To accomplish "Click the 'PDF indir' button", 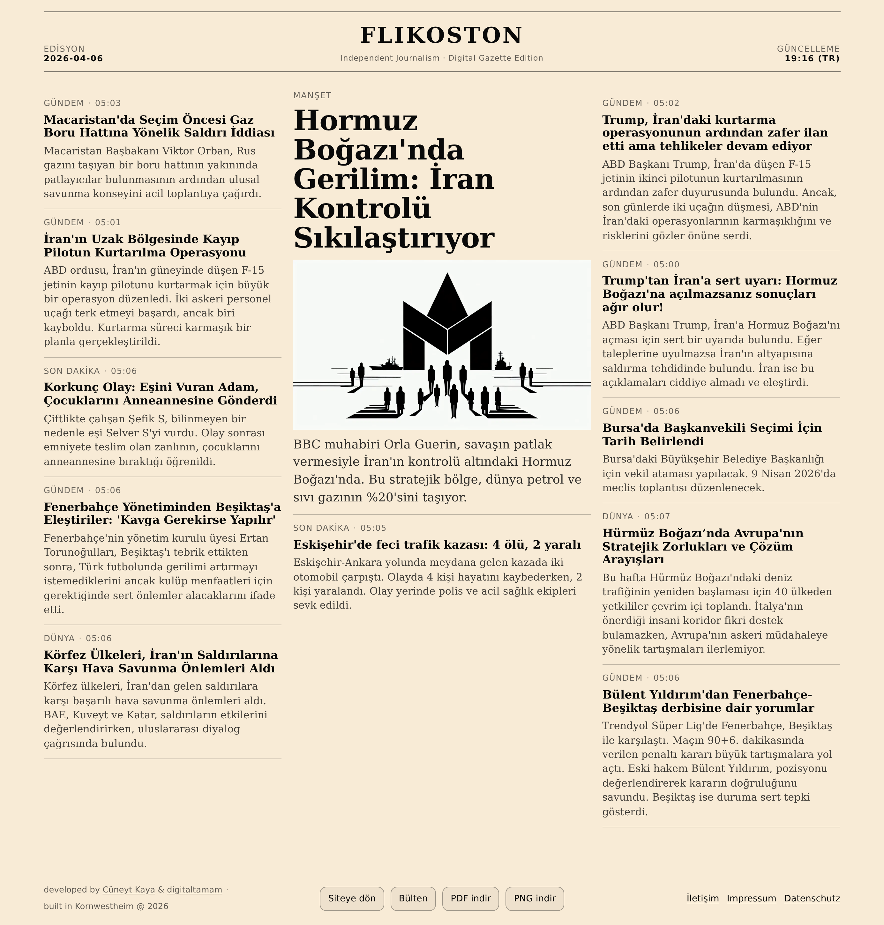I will (x=470, y=898).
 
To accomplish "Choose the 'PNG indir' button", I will (x=534, y=898).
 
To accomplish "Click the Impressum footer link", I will (x=751, y=898).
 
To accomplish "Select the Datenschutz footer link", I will (x=812, y=898).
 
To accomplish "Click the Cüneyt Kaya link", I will (x=129, y=890).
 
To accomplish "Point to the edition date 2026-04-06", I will (x=73, y=58).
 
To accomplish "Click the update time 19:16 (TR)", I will (x=812, y=58).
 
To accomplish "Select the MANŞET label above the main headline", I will (x=312, y=95).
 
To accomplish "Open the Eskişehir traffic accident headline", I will (x=437, y=544).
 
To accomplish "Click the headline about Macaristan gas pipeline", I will (x=159, y=126).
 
